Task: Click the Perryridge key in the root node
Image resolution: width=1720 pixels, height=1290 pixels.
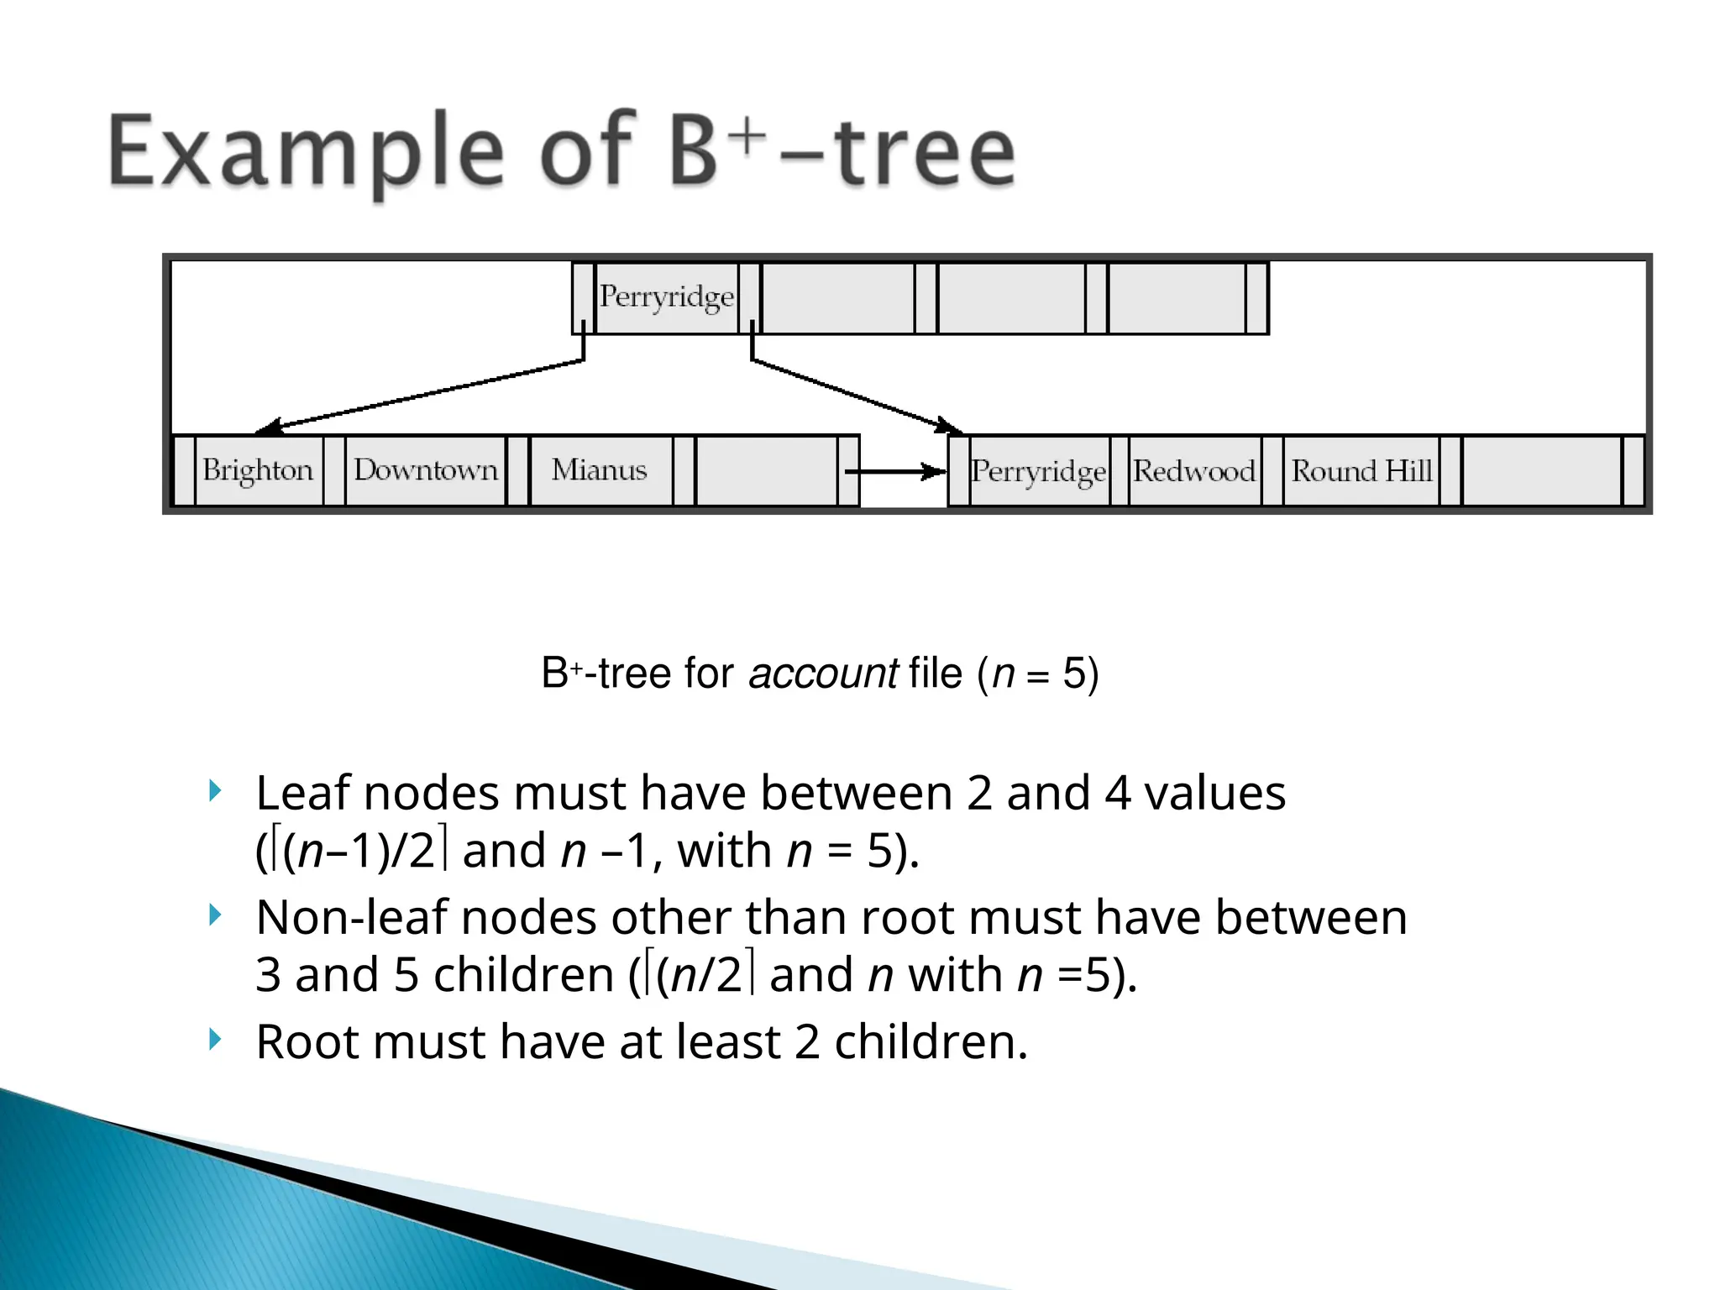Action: click(x=666, y=297)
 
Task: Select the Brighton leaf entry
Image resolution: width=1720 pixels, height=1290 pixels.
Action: click(x=258, y=470)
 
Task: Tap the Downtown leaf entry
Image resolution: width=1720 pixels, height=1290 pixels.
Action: click(x=426, y=470)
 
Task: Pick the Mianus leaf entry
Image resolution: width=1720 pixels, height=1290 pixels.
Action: click(x=599, y=470)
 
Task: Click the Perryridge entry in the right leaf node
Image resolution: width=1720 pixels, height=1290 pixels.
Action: click(x=1038, y=472)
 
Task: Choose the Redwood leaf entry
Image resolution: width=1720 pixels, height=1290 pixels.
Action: click(x=1193, y=472)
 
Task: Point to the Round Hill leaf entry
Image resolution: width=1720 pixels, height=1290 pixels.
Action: click(x=1361, y=472)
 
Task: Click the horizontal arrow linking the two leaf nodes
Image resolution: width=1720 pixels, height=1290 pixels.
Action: click(x=894, y=472)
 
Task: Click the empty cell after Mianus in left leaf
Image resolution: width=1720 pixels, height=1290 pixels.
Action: click(x=766, y=470)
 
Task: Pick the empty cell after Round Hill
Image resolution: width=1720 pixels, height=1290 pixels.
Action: click(x=1541, y=472)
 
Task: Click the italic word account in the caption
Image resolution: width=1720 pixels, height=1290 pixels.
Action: click(x=823, y=674)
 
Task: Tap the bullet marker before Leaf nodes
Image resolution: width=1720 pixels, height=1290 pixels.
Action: click(x=215, y=790)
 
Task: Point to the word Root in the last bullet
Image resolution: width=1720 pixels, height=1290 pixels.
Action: click(x=308, y=1042)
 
